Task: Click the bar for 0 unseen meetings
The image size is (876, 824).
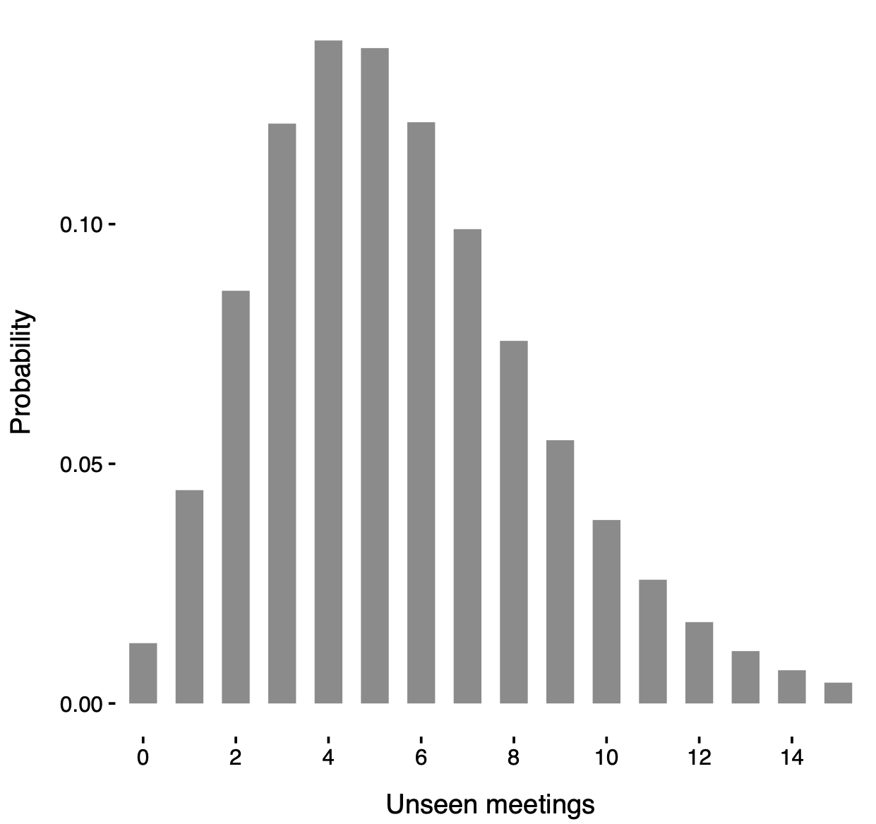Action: (143, 673)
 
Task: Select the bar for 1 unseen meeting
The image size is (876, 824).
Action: (189, 596)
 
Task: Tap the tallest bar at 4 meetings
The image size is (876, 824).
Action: (328, 372)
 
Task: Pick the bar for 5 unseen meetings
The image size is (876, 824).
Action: (375, 375)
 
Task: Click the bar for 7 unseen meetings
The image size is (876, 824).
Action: (467, 466)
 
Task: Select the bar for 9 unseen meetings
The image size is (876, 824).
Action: (560, 571)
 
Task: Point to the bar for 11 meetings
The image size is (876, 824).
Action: (653, 641)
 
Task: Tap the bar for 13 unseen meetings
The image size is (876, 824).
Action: (745, 677)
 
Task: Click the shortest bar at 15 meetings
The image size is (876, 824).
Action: (838, 693)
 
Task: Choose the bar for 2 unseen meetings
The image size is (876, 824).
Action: (236, 497)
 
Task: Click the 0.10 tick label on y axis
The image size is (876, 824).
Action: (81, 225)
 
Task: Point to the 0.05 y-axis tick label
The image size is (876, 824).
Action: (81, 465)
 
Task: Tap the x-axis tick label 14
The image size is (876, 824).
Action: (791, 758)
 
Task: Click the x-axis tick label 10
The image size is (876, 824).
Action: (606, 758)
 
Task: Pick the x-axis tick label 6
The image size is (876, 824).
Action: (421, 758)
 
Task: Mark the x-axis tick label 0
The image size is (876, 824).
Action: (143, 758)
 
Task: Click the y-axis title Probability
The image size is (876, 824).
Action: (22, 372)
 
